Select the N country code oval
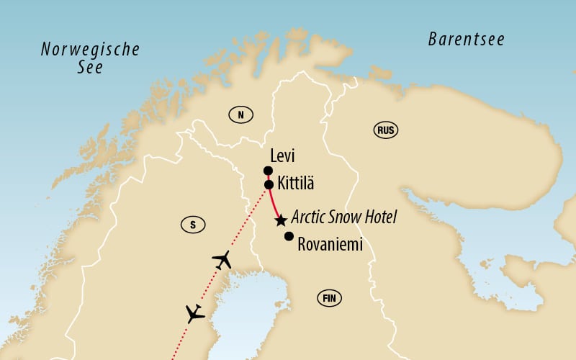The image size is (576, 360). (241, 114)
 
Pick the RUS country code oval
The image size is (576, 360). (386, 130)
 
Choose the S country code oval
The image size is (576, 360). (192, 225)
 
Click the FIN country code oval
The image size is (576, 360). (330, 298)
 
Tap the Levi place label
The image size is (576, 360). (283, 156)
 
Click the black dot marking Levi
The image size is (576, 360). (268, 171)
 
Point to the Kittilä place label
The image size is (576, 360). (294, 185)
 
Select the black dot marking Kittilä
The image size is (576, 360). (268, 185)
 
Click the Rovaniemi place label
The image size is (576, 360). (330, 244)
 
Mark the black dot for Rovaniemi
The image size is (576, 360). (289, 236)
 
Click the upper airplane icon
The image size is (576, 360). (222, 260)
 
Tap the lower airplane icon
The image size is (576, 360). (194, 314)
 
